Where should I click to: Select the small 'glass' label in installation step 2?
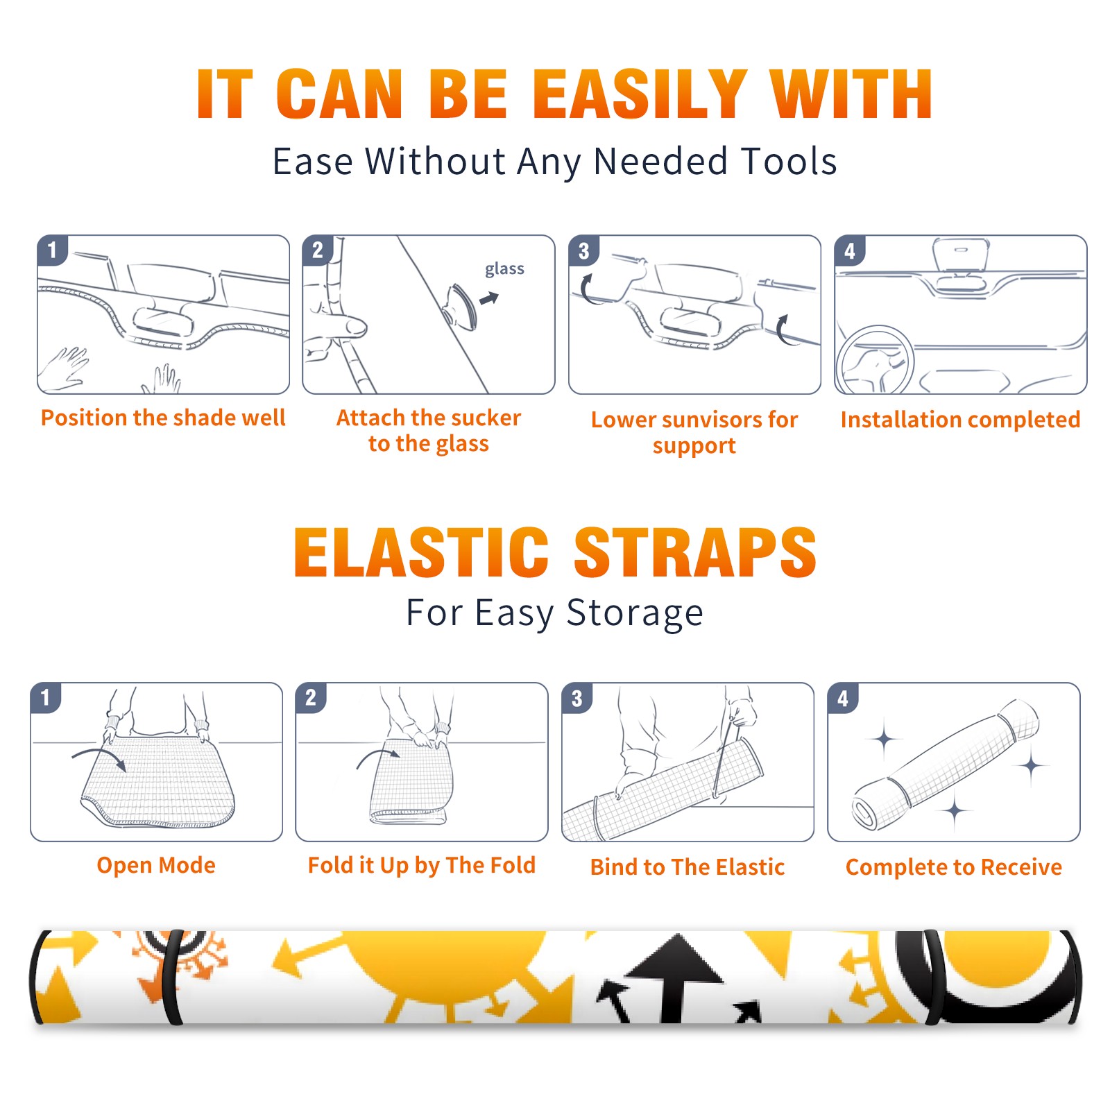pos(504,269)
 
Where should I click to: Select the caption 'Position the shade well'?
pos(163,418)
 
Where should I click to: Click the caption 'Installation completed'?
pos(960,420)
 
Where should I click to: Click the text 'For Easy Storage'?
pos(555,613)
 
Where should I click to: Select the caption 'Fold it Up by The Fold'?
pos(422,865)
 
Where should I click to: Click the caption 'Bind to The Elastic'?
pos(688,867)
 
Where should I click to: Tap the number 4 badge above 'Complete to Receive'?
pos(843,698)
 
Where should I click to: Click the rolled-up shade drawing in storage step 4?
pos(946,765)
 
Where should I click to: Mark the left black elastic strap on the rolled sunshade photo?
pos(172,977)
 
